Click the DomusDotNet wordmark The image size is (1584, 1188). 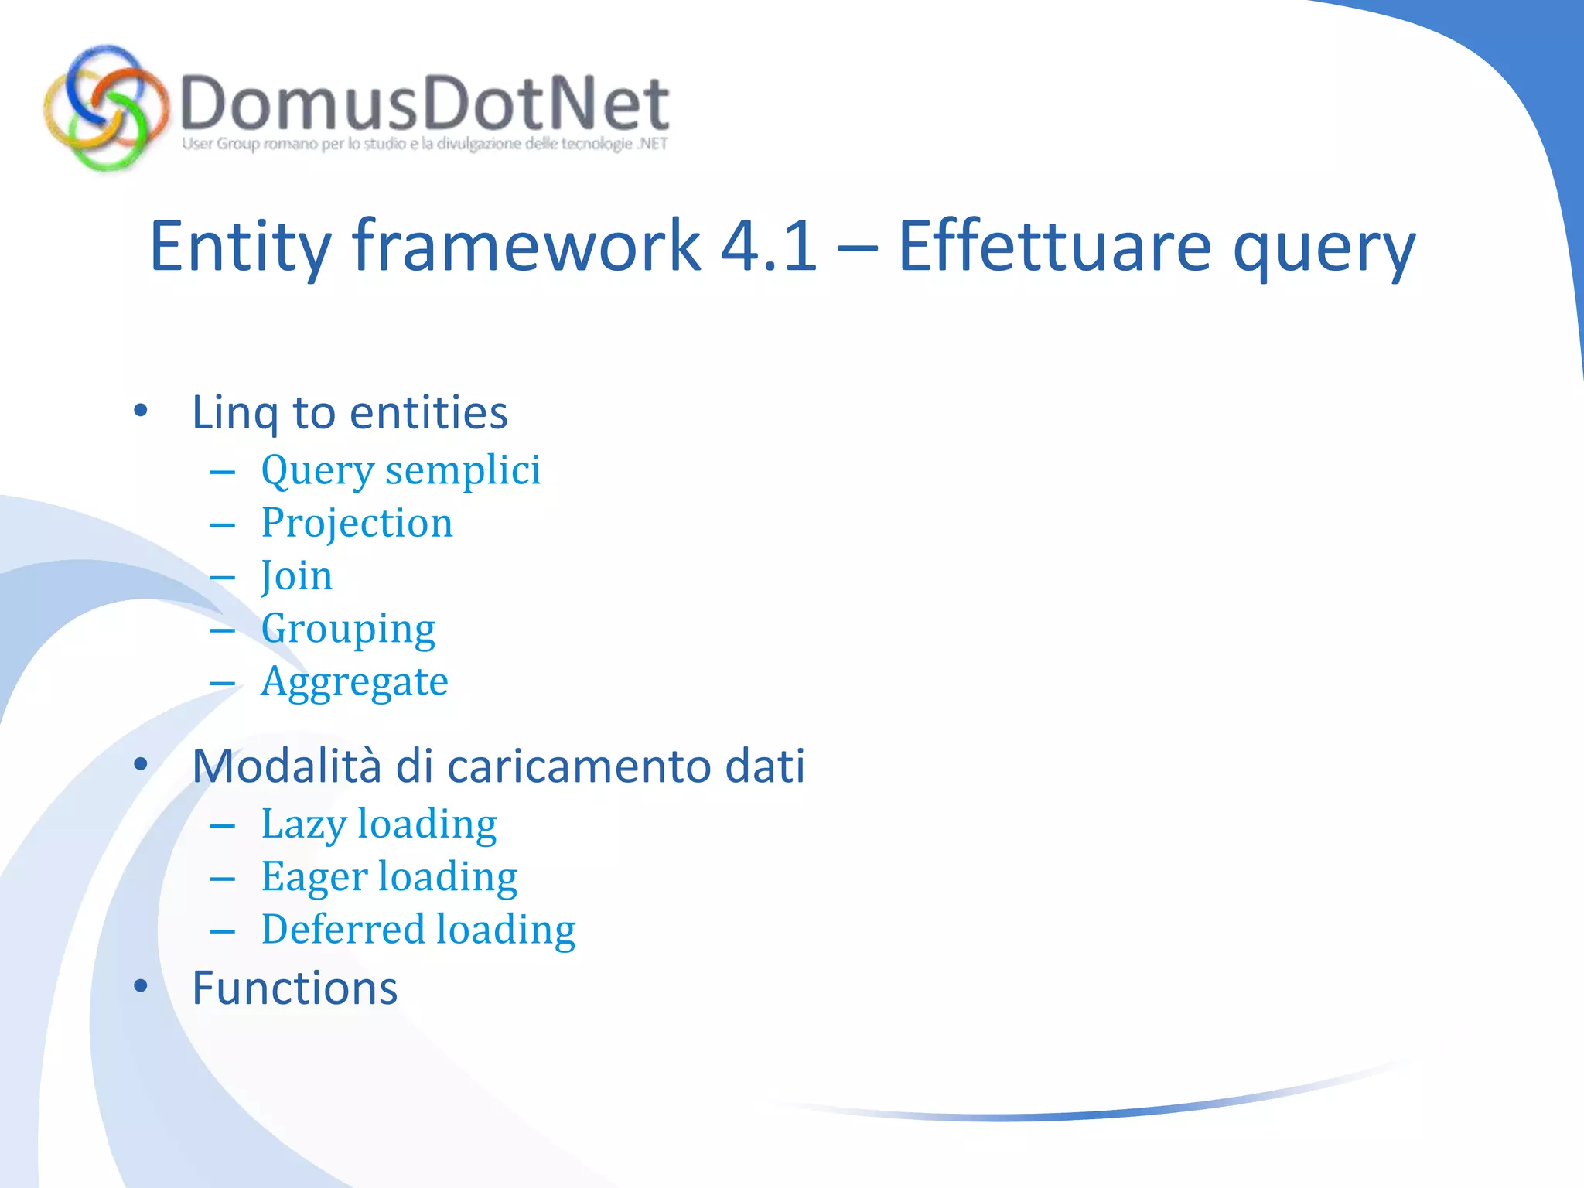click(424, 104)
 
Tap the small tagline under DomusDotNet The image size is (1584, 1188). click(425, 144)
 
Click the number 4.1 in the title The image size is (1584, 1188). click(768, 246)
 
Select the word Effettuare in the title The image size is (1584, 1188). click(1053, 246)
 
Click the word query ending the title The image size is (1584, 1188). click(1323, 249)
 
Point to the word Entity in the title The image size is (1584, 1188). click(240, 246)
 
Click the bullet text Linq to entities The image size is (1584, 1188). click(350, 412)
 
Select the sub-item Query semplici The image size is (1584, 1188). click(401, 470)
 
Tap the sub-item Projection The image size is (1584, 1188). click(357, 523)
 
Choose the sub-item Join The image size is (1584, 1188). click(297, 576)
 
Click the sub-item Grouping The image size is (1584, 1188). click(348, 630)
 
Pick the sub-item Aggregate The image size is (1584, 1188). click(354, 682)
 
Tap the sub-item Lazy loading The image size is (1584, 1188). click(379, 824)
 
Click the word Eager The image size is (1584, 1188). click(314, 877)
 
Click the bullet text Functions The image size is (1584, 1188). click(295, 988)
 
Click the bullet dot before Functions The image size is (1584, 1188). click(140, 986)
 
